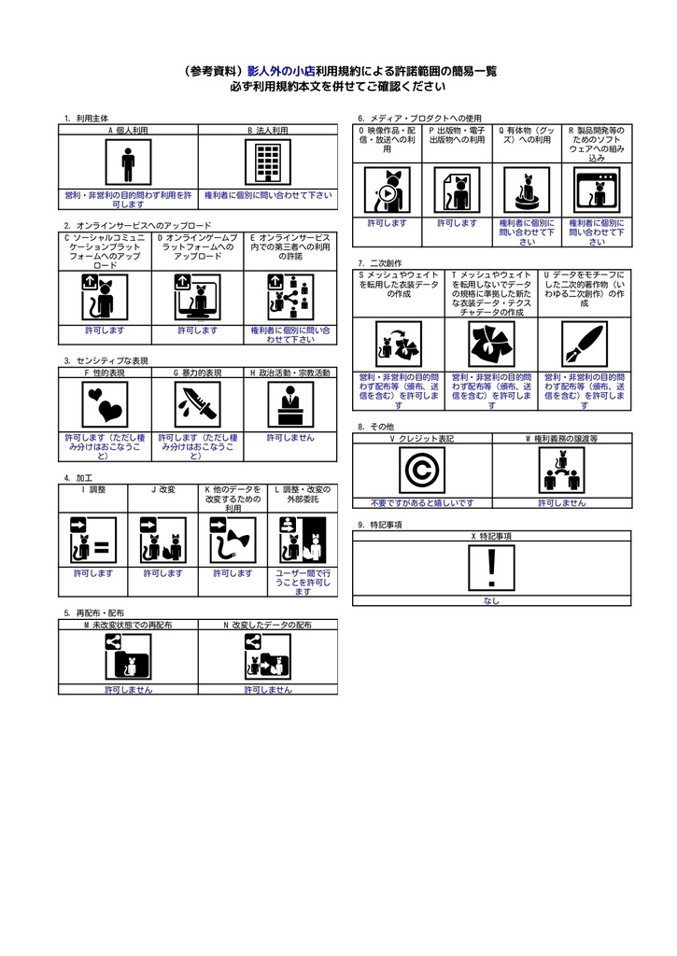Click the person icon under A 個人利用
(x=128, y=164)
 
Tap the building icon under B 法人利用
(x=268, y=164)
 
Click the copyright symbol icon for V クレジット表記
(x=422, y=470)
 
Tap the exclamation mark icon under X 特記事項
(x=491, y=569)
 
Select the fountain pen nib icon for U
(x=585, y=346)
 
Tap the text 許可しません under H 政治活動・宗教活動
(x=290, y=437)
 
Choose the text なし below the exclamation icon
(x=491, y=601)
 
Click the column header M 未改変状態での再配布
(x=128, y=624)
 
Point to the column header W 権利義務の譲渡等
(x=561, y=437)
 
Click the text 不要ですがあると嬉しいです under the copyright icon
(x=422, y=502)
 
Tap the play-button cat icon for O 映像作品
(x=387, y=191)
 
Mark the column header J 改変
(x=163, y=489)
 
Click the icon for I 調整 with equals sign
(x=93, y=541)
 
